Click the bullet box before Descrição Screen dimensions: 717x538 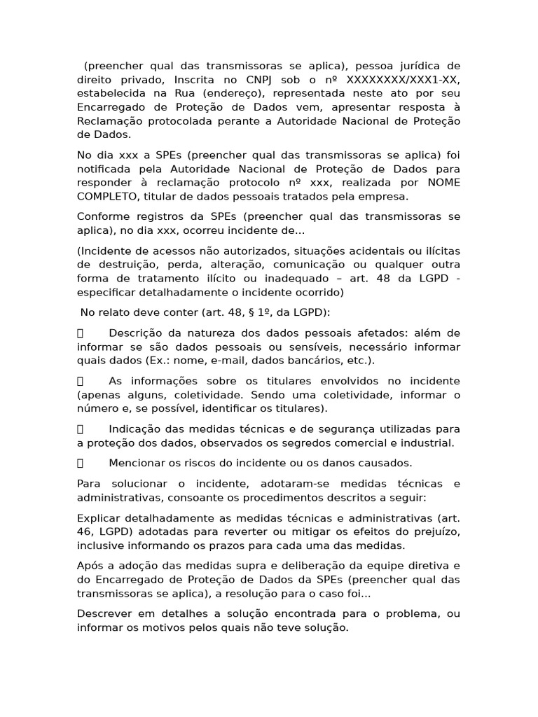click(81, 333)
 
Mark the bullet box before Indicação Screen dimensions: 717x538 click(81, 429)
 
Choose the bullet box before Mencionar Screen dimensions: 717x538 click(81, 463)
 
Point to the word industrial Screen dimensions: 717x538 click(427, 443)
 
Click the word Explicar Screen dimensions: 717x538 click(100, 518)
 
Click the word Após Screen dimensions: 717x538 click(90, 566)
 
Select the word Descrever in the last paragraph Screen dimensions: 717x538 click(104, 614)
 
